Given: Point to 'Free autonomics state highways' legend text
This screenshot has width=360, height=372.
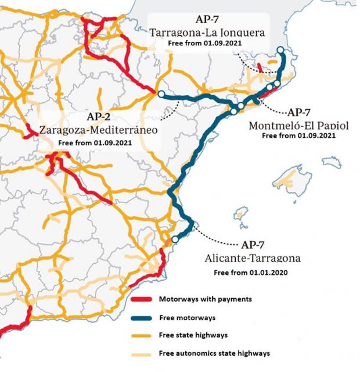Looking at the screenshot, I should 214,353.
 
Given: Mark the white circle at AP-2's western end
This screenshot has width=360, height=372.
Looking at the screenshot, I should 161,94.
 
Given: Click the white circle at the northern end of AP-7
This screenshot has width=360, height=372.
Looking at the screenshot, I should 280,51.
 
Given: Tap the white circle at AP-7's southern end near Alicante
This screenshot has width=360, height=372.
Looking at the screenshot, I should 175,239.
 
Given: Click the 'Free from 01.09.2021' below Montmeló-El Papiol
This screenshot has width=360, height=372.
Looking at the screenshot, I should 298,135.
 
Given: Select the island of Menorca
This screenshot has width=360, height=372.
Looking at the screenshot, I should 332,160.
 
